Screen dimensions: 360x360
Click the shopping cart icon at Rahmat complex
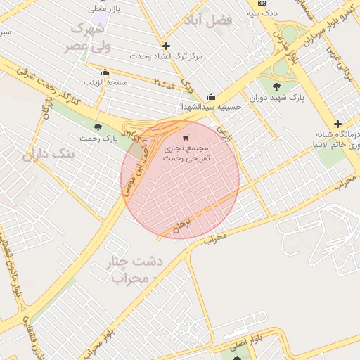point(186,138)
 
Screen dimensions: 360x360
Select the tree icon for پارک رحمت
point(97,127)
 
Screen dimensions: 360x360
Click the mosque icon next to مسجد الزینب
point(105,72)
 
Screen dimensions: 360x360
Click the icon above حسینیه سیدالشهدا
point(211,97)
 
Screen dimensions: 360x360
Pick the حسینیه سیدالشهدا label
point(212,108)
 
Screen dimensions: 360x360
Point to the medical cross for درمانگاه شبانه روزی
point(337,124)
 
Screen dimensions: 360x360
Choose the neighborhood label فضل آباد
point(210,20)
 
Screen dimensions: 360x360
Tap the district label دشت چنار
point(134,261)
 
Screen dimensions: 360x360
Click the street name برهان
point(181,225)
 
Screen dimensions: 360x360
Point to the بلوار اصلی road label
point(247,343)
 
